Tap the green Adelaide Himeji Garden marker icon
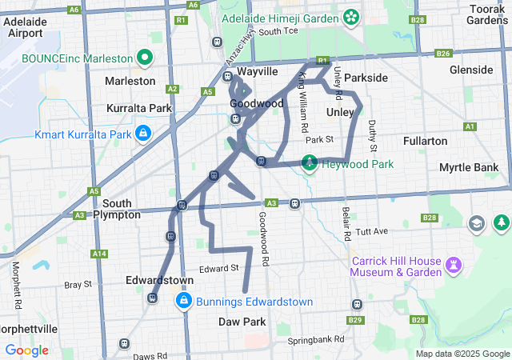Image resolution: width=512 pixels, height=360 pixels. (350, 17)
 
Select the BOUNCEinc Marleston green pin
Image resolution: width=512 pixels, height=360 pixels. (145, 58)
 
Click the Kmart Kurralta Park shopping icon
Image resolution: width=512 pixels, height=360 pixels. (142, 133)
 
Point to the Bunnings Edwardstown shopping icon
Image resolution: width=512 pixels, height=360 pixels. (183, 301)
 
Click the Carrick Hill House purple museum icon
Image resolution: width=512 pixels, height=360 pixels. (454, 262)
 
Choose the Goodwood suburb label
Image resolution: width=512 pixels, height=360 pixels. (256, 104)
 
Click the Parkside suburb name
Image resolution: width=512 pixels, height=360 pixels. (366, 78)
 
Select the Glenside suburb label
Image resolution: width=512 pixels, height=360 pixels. (471, 70)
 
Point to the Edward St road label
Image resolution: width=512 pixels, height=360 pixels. (219, 268)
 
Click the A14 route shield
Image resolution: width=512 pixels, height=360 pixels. (99, 254)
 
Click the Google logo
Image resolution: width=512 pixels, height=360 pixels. (27, 350)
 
